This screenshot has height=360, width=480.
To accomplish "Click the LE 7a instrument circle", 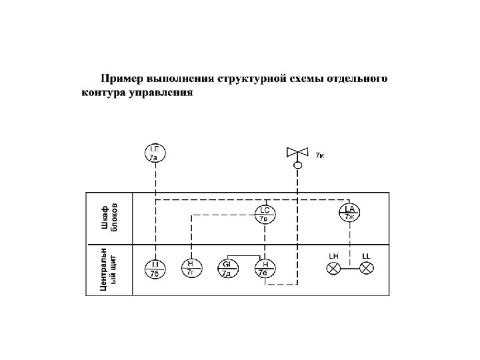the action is (x=155, y=153).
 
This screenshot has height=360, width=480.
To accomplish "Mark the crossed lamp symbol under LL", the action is (x=366, y=268).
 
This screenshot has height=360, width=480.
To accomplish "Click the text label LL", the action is (x=366, y=256).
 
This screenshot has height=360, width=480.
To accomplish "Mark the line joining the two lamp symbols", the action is (x=350, y=268).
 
